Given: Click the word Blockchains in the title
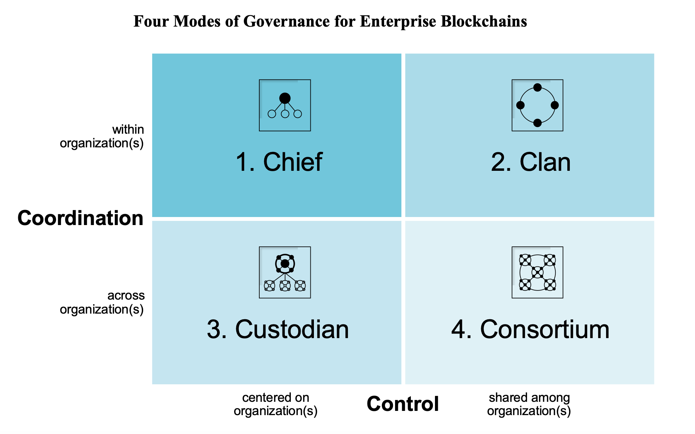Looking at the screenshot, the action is [484, 21].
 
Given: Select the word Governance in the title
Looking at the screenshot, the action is [287, 21].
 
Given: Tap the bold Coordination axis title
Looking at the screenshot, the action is [80, 218].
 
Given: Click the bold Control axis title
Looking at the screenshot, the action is [403, 404].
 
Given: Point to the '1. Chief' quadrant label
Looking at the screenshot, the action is [279, 162].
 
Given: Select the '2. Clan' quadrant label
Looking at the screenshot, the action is [531, 162].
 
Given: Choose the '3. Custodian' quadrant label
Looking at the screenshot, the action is [278, 329].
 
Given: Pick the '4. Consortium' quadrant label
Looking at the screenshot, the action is [530, 329].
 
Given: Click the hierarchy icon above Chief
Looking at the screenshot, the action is [285, 105].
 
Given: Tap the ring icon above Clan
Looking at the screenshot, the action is [538, 105].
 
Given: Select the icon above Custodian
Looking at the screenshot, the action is [285, 272].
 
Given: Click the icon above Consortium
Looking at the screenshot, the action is [538, 272].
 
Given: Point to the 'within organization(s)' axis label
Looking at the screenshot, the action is [102, 136].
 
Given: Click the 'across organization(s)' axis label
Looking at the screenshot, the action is [102, 302].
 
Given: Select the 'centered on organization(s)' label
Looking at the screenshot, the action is [276, 404].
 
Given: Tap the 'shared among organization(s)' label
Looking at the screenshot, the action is [529, 404].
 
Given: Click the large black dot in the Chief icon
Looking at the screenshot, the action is [285, 98].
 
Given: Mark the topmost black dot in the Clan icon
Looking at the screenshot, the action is [538, 87].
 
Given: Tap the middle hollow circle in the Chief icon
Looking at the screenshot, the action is [285, 114].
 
